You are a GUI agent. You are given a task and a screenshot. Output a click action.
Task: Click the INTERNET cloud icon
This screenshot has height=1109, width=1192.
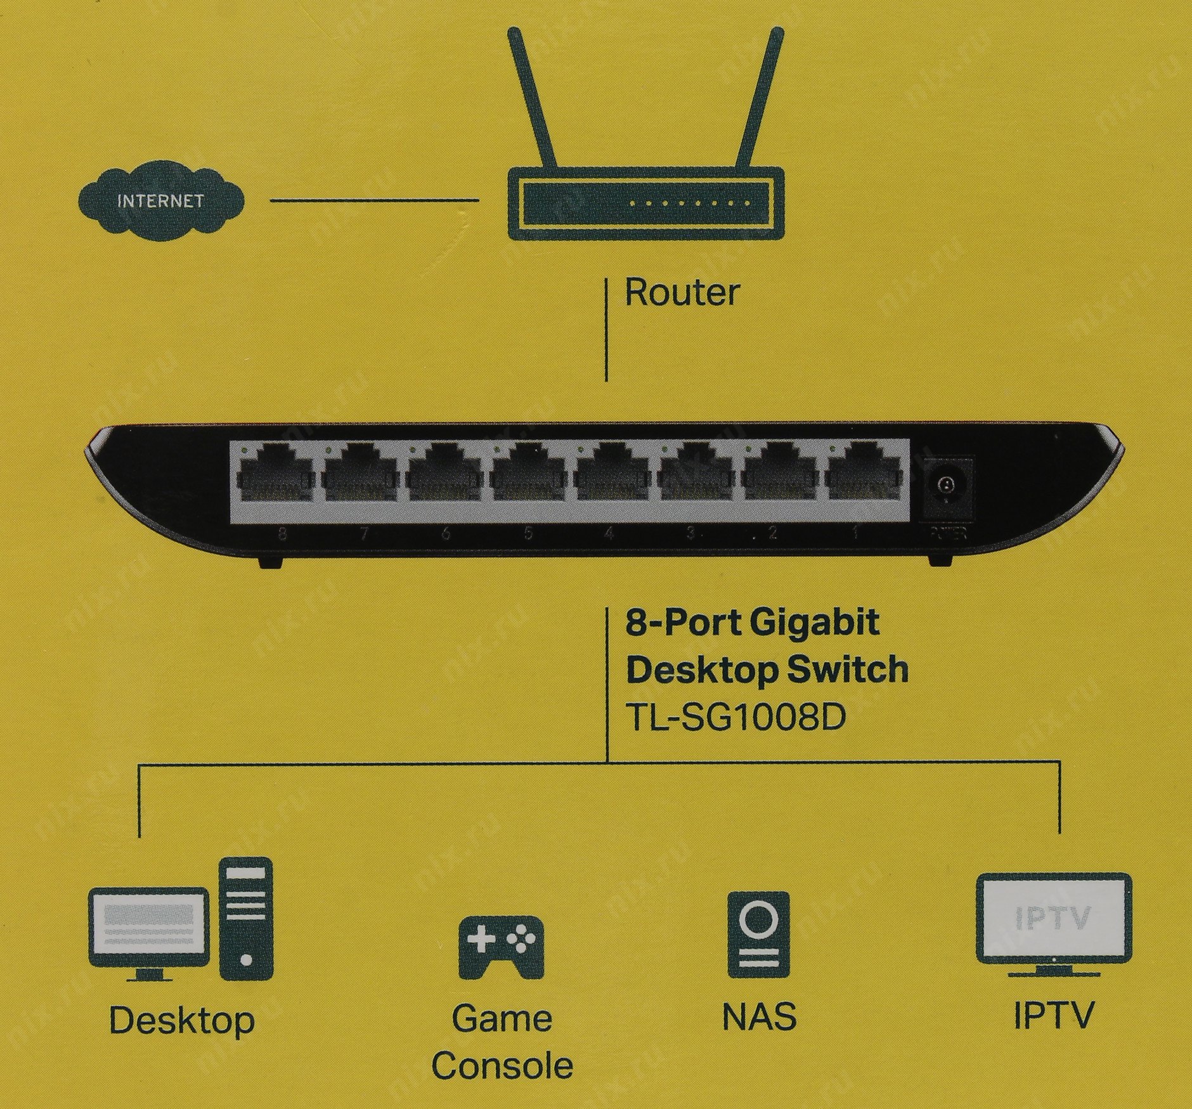coord(160,201)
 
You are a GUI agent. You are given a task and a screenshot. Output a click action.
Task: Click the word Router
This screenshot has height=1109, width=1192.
coord(682,293)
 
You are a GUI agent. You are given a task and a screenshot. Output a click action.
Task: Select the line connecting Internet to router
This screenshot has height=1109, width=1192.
coord(374,201)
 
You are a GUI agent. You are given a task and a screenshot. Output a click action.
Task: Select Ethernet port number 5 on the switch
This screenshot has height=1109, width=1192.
coord(528,480)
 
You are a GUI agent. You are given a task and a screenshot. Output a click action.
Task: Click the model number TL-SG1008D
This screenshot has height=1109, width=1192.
coord(735,718)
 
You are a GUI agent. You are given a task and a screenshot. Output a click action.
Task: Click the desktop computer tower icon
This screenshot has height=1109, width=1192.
coord(246,920)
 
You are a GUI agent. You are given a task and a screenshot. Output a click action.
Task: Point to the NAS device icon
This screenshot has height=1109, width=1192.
coord(759,934)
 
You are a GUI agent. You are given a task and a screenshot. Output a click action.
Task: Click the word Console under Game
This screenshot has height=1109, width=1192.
coord(502,1067)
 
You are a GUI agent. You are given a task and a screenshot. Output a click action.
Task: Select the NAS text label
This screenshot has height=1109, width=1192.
coord(759,1016)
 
